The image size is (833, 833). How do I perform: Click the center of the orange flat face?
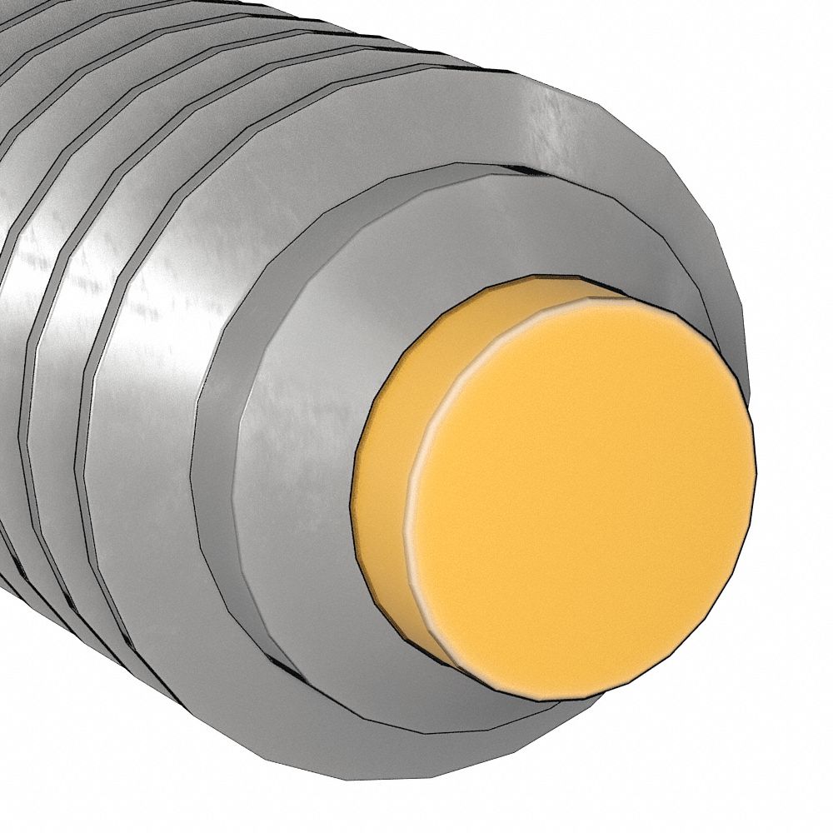pos(583,491)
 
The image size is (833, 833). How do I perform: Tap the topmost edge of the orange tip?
pos(533,277)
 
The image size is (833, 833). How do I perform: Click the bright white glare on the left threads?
pos(25,267)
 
